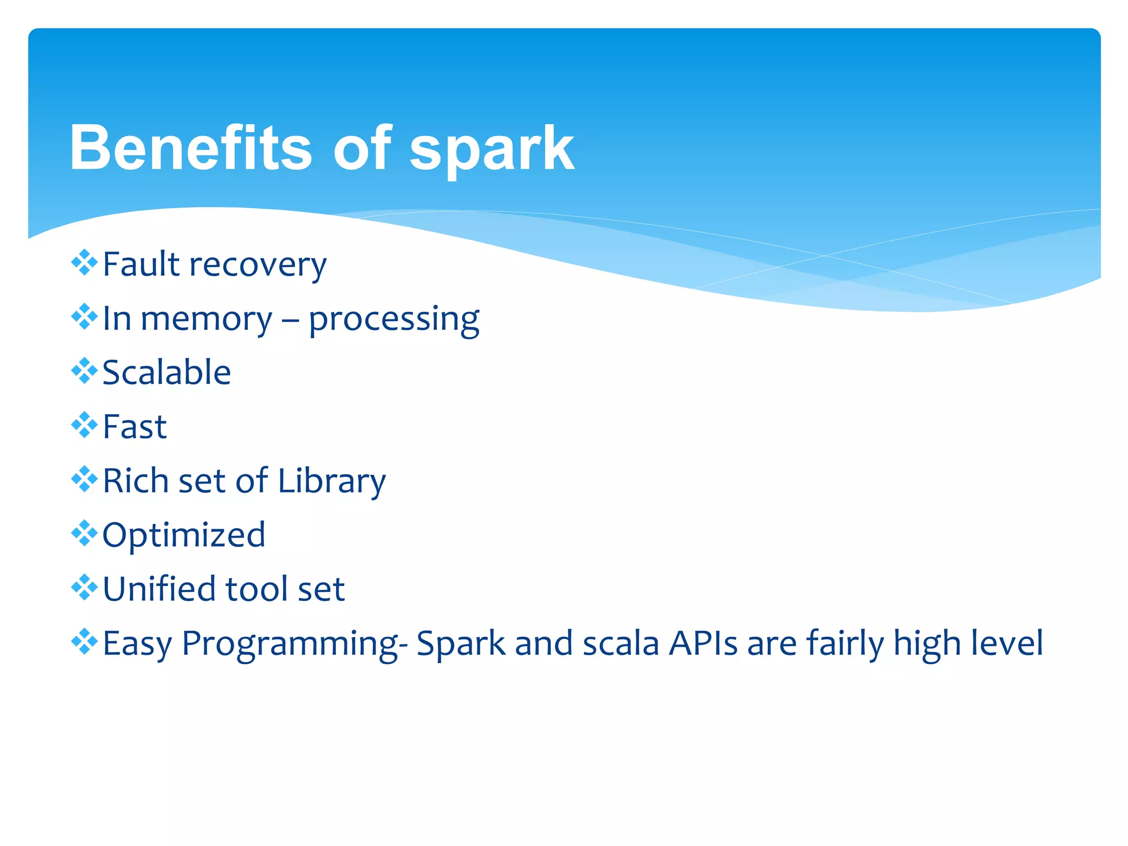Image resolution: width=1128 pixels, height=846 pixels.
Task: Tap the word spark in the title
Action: pyautogui.click(x=491, y=149)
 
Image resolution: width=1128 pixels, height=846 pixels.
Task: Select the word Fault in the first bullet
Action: pyautogui.click(x=141, y=264)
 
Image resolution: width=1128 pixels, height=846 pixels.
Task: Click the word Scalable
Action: pyautogui.click(x=166, y=372)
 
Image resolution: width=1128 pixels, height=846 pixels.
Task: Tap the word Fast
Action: pyautogui.click(x=134, y=427)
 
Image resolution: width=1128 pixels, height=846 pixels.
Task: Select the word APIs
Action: pyautogui.click(x=703, y=643)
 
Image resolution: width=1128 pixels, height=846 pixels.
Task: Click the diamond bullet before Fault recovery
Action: pyautogui.click(x=84, y=262)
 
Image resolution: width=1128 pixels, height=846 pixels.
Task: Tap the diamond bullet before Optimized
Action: pyautogui.click(x=84, y=533)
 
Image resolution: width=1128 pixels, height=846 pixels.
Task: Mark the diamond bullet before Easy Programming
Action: pyautogui.click(x=84, y=641)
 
